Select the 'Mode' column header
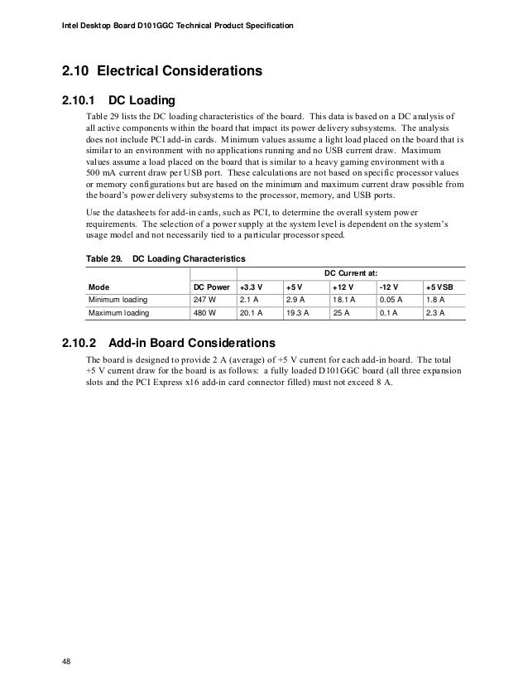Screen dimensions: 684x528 click(99, 286)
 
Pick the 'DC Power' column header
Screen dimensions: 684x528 click(211, 286)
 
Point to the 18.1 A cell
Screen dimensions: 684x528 click(343, 300)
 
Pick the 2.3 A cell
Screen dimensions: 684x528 click(435, 314)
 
